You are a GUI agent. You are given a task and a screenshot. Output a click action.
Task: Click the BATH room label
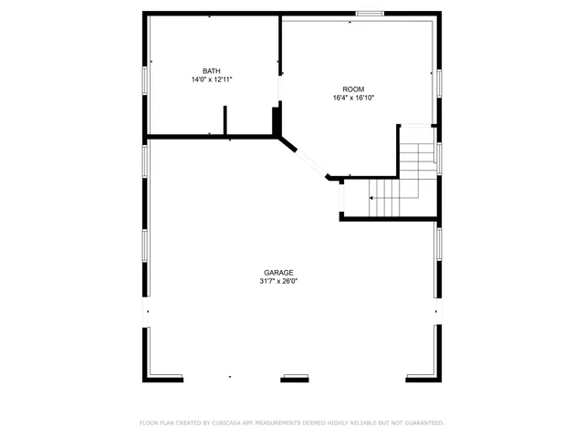pos(212,71)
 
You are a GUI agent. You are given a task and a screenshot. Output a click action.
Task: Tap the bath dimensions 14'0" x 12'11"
pos(212,80)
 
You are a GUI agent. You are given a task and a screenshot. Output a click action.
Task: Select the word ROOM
pos(353,89)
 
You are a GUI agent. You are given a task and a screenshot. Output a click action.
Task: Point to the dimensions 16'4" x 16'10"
pos(353,98)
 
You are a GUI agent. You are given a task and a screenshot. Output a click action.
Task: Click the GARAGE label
pos(278,273)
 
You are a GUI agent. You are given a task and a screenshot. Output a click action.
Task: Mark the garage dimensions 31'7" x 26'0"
pos(278,282)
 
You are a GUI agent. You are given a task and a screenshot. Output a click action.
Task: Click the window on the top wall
pos(369,13)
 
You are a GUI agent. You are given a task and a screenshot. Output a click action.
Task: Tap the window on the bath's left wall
pos(144,80)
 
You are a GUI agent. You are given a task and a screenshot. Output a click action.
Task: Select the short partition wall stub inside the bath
pos(224,120)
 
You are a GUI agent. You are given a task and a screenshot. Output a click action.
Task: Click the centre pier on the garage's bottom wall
pos(296,378)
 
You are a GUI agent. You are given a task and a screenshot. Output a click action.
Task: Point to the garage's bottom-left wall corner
pos(147,375)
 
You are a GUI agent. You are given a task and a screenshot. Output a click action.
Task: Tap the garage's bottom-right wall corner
pos(437,375)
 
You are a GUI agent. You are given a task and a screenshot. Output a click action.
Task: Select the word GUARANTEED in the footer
pos(422,423)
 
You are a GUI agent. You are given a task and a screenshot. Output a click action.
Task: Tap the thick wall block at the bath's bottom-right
pos(277,120)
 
